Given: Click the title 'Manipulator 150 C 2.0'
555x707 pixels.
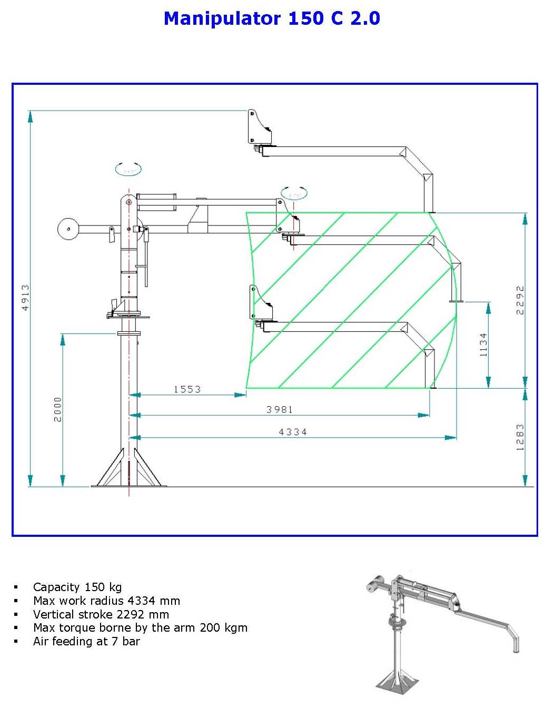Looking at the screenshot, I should pos(272,18).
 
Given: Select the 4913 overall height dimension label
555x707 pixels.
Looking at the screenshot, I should pos(25,298).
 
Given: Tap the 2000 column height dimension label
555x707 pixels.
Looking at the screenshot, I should pos(57,409).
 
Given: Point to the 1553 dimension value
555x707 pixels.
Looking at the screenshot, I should pos(187,389).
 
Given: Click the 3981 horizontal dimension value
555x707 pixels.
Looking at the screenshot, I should pos(279,409).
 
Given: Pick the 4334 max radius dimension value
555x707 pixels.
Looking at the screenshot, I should pos(293,432).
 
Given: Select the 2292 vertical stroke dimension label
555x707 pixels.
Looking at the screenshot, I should pos(520,300).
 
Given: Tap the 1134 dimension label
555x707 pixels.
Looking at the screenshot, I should pos(483,345).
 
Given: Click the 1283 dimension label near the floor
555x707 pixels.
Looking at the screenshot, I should pos(520,437).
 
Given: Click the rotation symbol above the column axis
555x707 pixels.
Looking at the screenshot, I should pos(128,170).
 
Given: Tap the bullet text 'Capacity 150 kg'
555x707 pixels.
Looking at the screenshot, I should pos(77,587).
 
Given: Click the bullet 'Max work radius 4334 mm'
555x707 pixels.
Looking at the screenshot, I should pos(106,601).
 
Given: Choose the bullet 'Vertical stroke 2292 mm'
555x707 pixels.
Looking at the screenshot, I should pos(101,614).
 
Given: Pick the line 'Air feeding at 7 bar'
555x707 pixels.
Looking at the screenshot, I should pos(86,641).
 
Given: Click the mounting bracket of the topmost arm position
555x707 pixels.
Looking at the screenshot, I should pos(259,127).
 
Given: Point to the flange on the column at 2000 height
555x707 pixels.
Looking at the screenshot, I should pos(129,333).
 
